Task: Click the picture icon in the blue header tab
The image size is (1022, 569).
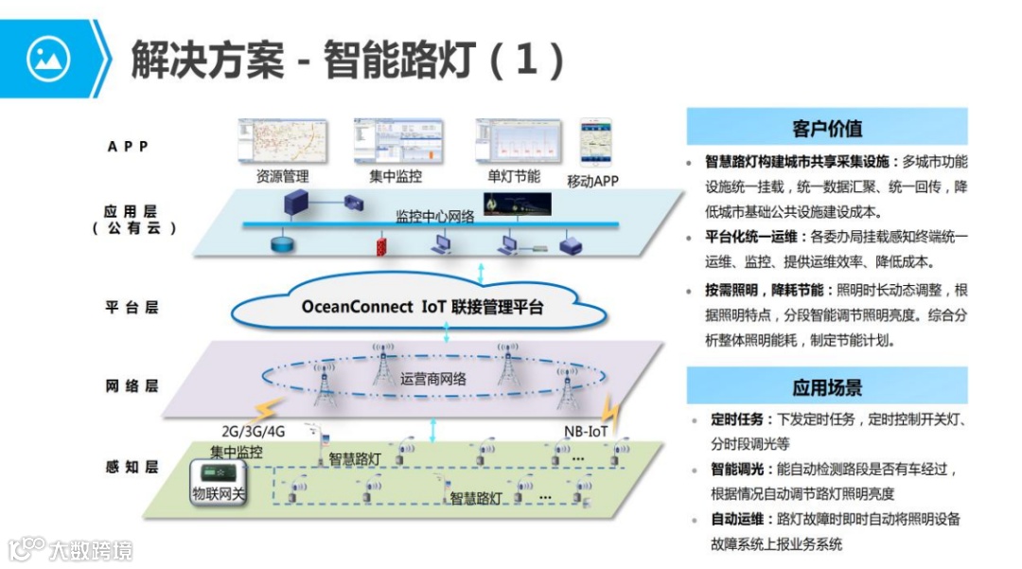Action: pyautogui.click(x=48, y=59)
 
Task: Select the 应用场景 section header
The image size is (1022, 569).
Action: pyautogui.click(x=826, y=387)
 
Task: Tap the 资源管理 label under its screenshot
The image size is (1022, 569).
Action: pyautogui.click(x=282, y=176)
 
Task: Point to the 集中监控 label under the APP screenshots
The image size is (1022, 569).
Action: pyautogui.click(x=395, y=176)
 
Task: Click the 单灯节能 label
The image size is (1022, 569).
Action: pyautogui.click(x=514, y=176)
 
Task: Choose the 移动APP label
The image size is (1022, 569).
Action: pyautogui.click(x=593, y=180)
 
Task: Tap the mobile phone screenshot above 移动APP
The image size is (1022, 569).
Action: pyautogui.click(x=595, y=142)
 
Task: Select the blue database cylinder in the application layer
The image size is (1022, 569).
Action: pyautogui.click(x=281, y=245)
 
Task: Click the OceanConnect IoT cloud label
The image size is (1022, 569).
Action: pyautogui.click(x=422, y=307)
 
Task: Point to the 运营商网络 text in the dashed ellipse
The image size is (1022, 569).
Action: pyautogui.click(x=433, y=379)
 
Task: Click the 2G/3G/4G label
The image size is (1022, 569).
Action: pyautogui.click(x=253, y=431)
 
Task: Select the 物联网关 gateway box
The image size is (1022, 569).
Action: pyautogui.click(x=219, y=483)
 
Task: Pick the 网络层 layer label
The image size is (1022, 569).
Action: pyautogui.click(x=132, y=386)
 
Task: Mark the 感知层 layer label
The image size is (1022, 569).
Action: pyautogui.click(x=132, y=467)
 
